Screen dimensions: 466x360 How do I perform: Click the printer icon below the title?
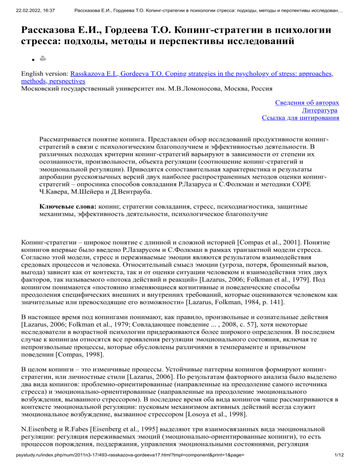[43, 59]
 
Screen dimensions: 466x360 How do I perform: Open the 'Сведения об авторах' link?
[307, 102]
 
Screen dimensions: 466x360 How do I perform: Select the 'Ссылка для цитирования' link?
[300, 118]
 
